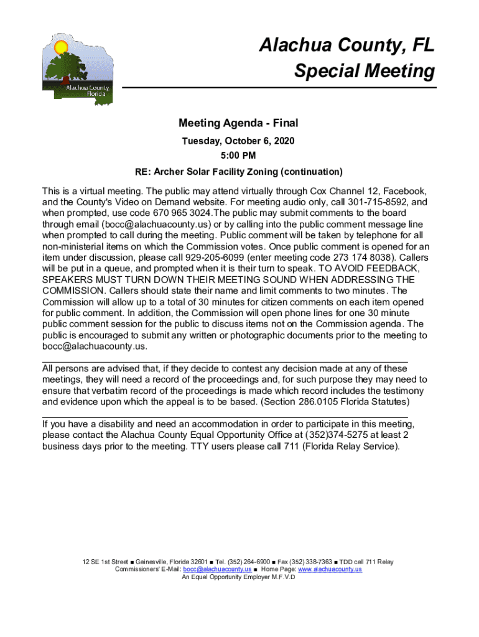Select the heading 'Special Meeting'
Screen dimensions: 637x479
click(x=365, y=72)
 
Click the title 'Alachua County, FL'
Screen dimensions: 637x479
click(x=346, y=45)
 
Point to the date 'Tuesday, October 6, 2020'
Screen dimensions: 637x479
click(x=238, y=141)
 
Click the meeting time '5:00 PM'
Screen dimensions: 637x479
click(x=239, y=156)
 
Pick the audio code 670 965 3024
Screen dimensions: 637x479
click(x=181, y=213)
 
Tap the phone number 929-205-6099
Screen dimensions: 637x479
click(x=224, y=257)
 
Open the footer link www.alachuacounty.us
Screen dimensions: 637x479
click(x=330, y=569)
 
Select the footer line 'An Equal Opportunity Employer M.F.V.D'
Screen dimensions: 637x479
click(x=238, y=577)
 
